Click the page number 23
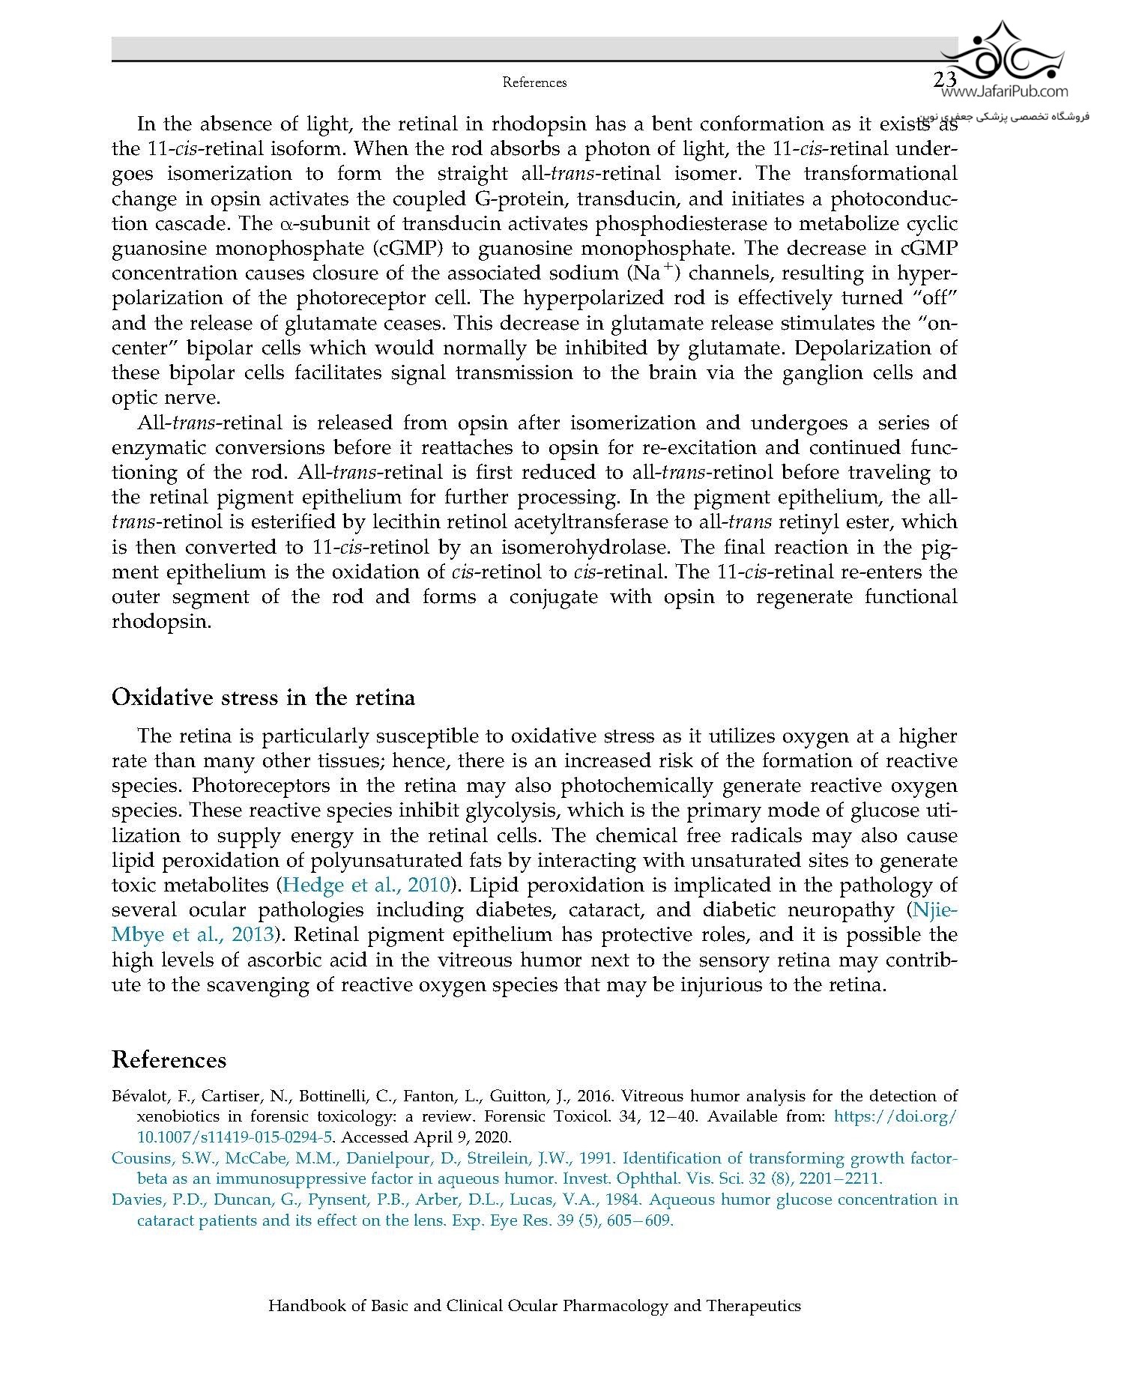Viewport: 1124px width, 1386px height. tap(946, 80)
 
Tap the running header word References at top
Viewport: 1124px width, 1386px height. tap(534, 82)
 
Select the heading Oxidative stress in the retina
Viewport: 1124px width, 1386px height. tap(263, 697)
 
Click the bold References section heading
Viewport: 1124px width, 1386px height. tap(169, 1060)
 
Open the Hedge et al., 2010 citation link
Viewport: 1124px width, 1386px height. tap(365, 885)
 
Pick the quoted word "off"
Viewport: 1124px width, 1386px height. tap(934, 297)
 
